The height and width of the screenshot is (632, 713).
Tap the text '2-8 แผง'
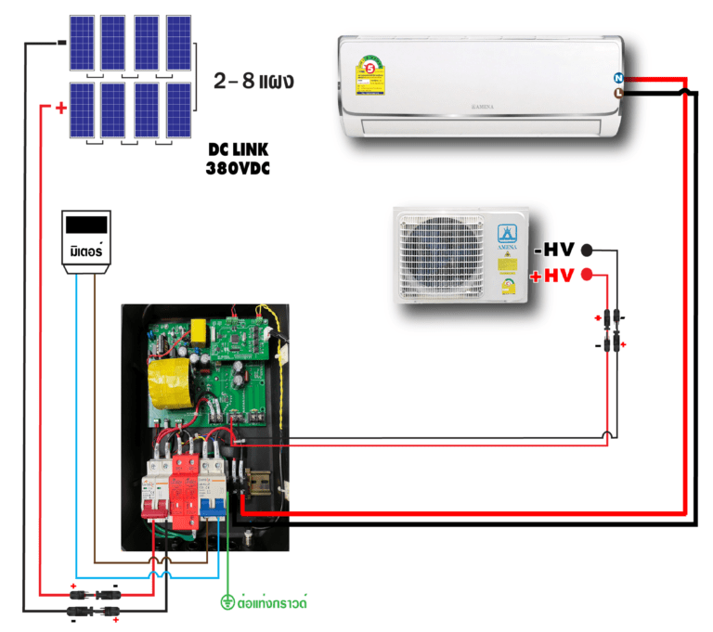(253, 81)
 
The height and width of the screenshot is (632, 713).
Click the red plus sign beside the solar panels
(61, 109)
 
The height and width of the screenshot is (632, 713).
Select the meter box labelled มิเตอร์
(88, 241)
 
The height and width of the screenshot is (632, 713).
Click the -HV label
(555, 250)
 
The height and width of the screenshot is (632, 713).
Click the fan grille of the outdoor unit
(442, 255)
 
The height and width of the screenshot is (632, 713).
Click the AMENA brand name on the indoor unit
(481, 109)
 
